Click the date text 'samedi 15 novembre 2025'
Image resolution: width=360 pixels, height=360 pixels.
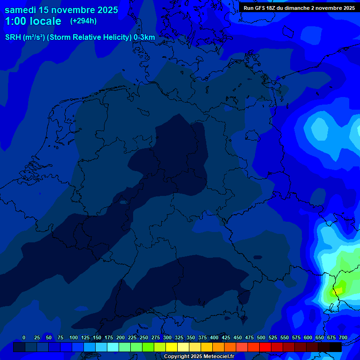tap(61, 10)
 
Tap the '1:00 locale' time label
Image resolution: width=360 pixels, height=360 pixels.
tap(33, 21)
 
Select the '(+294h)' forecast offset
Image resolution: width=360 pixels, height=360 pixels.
tap(83, 21)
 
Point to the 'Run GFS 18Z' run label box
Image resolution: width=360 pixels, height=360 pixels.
tap(299, 7)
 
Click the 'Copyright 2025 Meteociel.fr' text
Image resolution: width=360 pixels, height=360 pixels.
tap(199, 356)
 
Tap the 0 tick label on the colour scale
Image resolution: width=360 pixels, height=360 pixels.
tap(23, 337)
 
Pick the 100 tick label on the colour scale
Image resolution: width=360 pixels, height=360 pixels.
tap(73, 337)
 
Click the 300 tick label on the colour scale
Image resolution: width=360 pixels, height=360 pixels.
tap(167, 337)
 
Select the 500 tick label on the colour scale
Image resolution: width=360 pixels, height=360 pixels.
tap(261, 337)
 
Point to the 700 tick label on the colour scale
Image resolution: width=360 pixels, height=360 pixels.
tap(343, 337)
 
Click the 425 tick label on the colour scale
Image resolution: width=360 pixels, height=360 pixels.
tap(225, 337)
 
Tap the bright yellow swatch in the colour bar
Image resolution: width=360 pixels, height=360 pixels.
tap(172, 347)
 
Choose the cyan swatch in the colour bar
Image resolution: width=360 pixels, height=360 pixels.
tap(113, 347)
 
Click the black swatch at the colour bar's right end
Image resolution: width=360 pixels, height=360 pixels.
tap(336, 347)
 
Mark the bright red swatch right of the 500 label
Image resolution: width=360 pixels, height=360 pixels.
tap(265, 347)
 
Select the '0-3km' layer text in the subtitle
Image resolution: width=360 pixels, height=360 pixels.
tap(144, 37)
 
